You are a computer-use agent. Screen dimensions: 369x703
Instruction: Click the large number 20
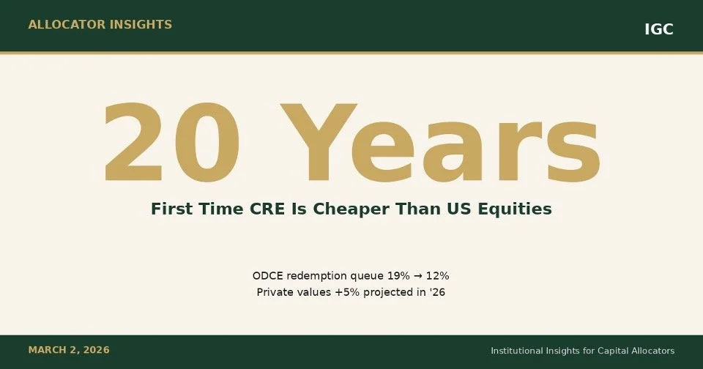[x=163, y=144]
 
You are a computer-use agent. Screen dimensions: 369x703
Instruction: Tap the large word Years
[x=439, y=144]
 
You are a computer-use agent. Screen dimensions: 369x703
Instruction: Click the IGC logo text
[x=658, y=29]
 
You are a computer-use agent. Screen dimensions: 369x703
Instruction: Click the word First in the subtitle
[x=172, y=209]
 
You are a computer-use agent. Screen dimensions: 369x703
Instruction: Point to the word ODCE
[x=268, y=276]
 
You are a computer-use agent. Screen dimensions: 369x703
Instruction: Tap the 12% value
[x=436, y=276]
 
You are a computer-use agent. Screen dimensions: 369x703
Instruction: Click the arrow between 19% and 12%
[x=412, y=276]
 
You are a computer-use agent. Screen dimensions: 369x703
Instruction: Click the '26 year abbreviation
[x=438, y=292]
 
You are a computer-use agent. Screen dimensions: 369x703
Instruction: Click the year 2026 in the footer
[x=96, y=350]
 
